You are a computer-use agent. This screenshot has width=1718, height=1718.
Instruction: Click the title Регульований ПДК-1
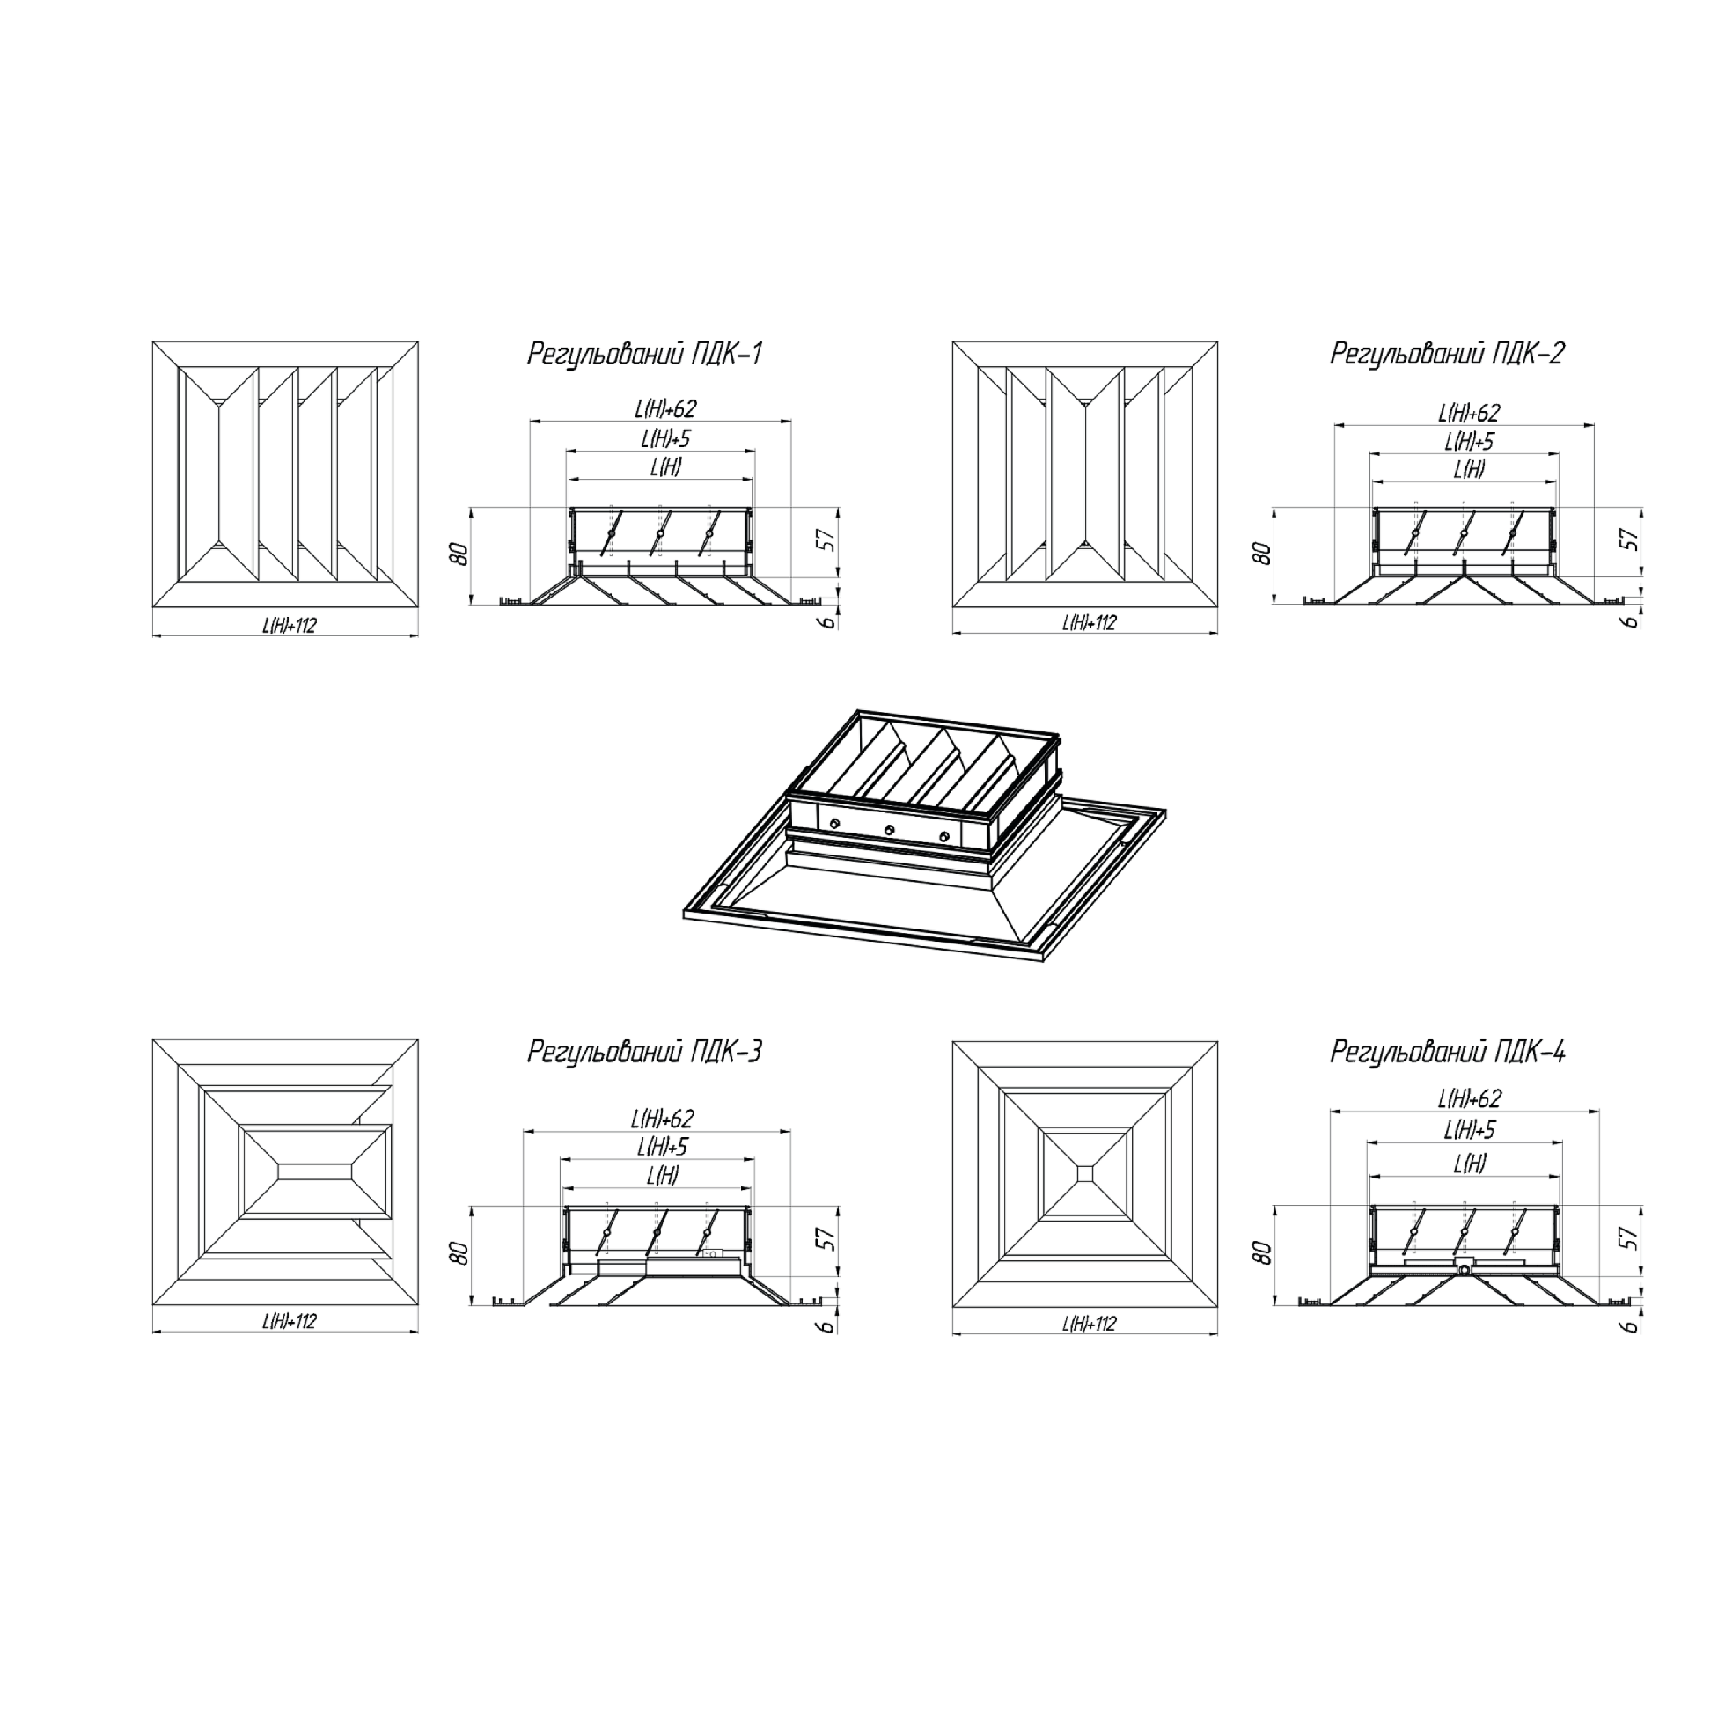point(645,354)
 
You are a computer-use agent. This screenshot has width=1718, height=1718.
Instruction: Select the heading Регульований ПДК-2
point(1448,354)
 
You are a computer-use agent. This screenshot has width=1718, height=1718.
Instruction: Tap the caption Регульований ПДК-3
point(645,1052)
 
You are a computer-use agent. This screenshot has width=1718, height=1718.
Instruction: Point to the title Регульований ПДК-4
point(1448,1052)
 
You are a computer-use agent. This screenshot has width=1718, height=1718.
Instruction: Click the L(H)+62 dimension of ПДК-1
point(665,409)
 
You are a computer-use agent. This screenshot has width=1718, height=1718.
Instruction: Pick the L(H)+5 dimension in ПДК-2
point(1469,441)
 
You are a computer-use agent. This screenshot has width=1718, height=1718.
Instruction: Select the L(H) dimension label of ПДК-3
point(664,1176)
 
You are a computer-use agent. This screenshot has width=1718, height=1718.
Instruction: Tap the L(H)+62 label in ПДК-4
point(1469,1099)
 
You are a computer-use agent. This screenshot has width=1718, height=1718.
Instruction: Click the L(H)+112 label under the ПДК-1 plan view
point(289,625)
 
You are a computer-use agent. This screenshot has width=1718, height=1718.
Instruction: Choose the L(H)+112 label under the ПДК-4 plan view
point(1090,1323)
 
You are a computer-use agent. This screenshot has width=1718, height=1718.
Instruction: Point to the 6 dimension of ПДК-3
point(828,1325)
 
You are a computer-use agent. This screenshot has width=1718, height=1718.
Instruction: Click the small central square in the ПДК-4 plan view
point(1085,1174)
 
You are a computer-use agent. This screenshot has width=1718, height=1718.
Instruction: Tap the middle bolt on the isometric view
point(888,831)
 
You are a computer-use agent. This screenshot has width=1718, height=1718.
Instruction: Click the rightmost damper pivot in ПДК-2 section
point(1513,533)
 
